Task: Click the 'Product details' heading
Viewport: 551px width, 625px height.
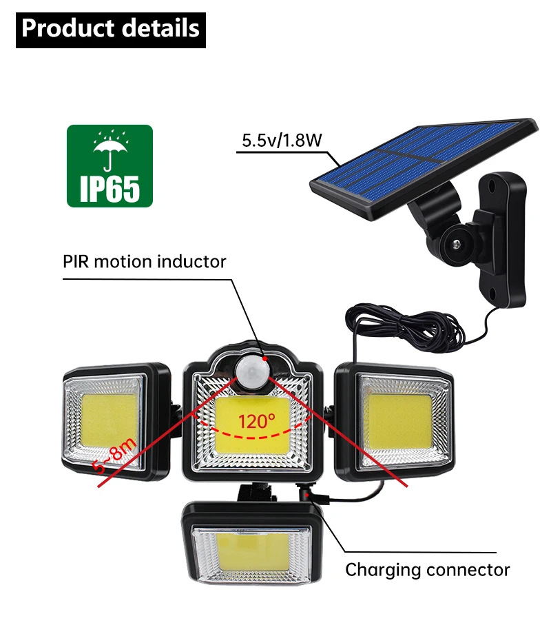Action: tap(110, 29)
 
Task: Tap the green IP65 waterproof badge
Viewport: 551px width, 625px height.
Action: tap(110, 165)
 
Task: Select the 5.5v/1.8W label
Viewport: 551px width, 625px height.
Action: tap(281, 141)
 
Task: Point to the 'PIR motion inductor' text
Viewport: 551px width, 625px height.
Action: tap(145, 262)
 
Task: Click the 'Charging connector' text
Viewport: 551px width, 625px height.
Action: tap(427, 570)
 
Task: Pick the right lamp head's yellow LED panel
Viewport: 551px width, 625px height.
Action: tap(397, 421)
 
